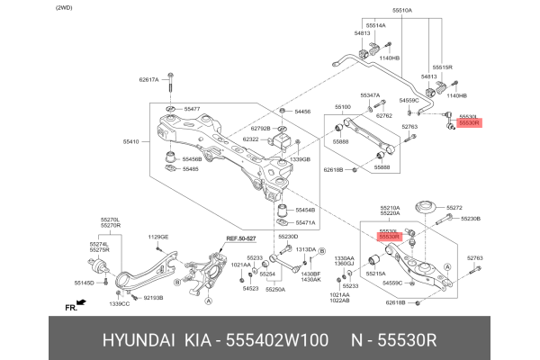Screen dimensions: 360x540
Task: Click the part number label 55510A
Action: click(x=401, y=11)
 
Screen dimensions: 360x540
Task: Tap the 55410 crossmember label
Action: click(x=131, y=142)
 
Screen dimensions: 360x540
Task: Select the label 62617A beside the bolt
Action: click(x=148, y=80)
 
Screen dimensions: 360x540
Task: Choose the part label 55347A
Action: click(x=371, y=94)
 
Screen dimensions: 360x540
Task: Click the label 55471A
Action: click(x=305, y=222)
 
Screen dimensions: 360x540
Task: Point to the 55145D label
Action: click(x=83, y=282)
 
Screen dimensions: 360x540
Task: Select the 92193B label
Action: click(x=153, y=295)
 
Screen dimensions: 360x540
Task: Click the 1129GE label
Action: click(x=158, y=237)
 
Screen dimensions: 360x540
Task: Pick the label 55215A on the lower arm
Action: click(x=374, y=273)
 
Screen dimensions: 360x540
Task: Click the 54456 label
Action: click(x=302, y=112)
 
